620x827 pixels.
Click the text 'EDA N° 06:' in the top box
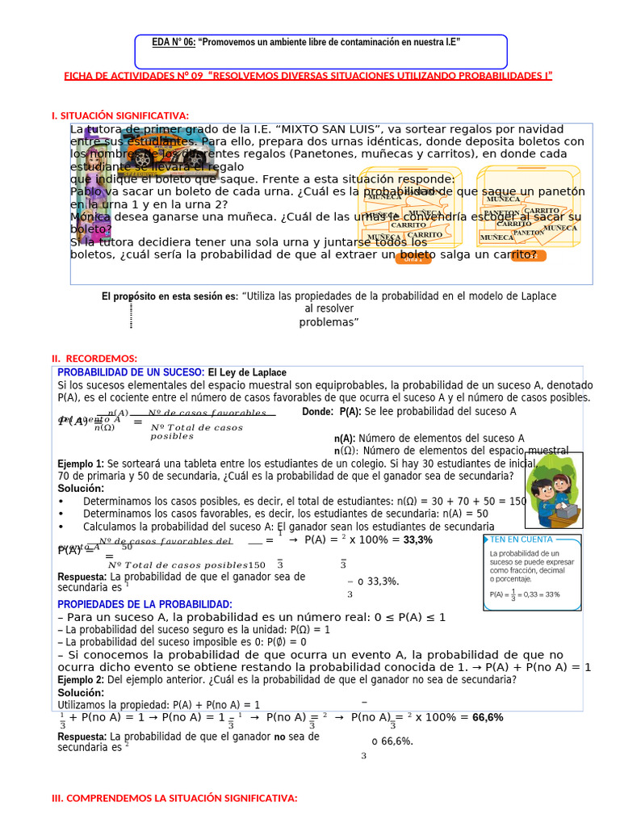point(174,42)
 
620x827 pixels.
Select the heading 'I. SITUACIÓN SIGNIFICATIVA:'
point(120,116)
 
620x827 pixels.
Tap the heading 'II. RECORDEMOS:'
point(94,358)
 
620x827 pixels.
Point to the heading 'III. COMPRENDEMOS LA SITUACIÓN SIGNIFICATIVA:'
point(174,798)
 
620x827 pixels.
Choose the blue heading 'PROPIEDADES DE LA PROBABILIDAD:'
point(145,604)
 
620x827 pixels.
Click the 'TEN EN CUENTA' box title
point(521,539)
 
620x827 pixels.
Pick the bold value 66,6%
point(488,717)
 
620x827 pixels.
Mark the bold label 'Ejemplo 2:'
point(81,680)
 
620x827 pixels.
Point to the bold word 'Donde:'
point(317,411)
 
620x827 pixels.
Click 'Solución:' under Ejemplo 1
point(81,489)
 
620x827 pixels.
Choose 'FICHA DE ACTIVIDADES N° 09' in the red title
point(133,76)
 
